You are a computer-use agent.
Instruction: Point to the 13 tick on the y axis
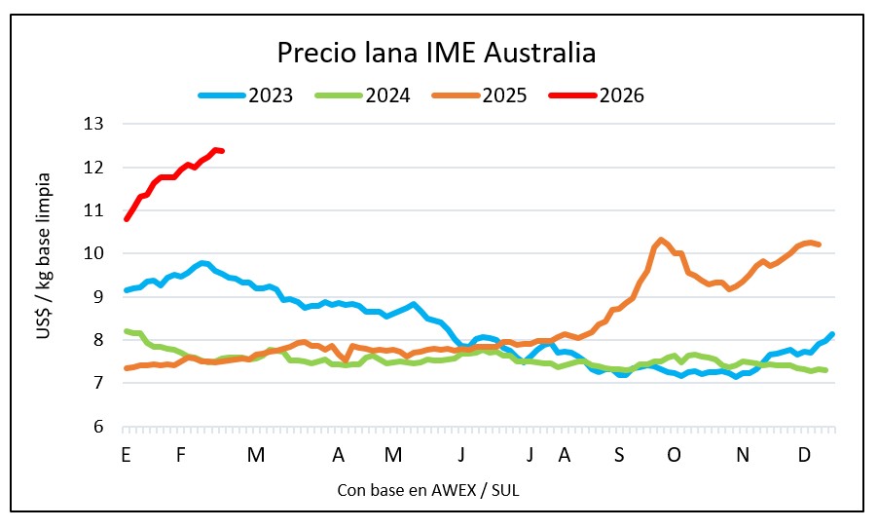pos(94,124)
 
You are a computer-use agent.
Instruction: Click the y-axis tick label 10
pos(94,253)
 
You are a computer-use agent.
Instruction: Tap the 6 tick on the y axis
pos(98,427)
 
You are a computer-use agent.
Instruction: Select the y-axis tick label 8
pos(98,340)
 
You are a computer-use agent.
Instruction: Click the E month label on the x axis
pos(126,454)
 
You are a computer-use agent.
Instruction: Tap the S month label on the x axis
pos(619,454)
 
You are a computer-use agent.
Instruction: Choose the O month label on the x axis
pos(674,454)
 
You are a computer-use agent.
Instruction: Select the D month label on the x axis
pos(804,454)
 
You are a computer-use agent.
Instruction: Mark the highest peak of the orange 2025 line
pos(661,239)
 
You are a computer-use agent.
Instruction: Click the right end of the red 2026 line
pos(223,151)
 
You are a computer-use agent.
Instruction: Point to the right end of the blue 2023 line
pos(833,334)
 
